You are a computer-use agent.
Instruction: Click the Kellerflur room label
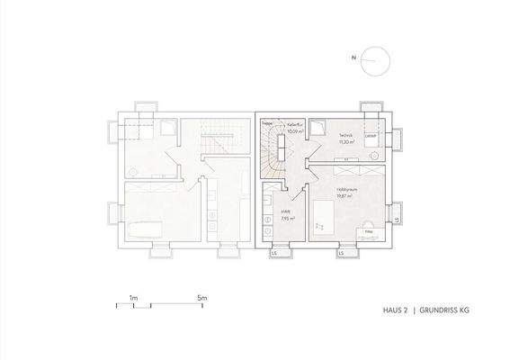click(294, 125)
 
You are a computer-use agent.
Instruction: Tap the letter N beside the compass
click(354, 59)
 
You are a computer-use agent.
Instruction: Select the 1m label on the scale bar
click(132, 296)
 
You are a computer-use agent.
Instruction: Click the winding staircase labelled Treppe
click(272, 148)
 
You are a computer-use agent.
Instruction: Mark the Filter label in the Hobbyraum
click(368, 231)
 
